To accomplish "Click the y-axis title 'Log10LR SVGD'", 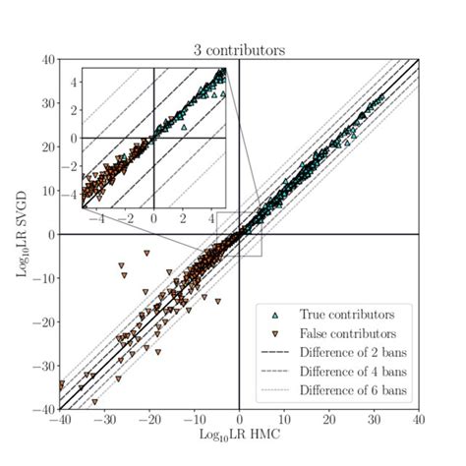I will pos(22,234).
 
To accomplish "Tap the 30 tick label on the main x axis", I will pos(374,421).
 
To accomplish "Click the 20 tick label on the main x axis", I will pos(329,421).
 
